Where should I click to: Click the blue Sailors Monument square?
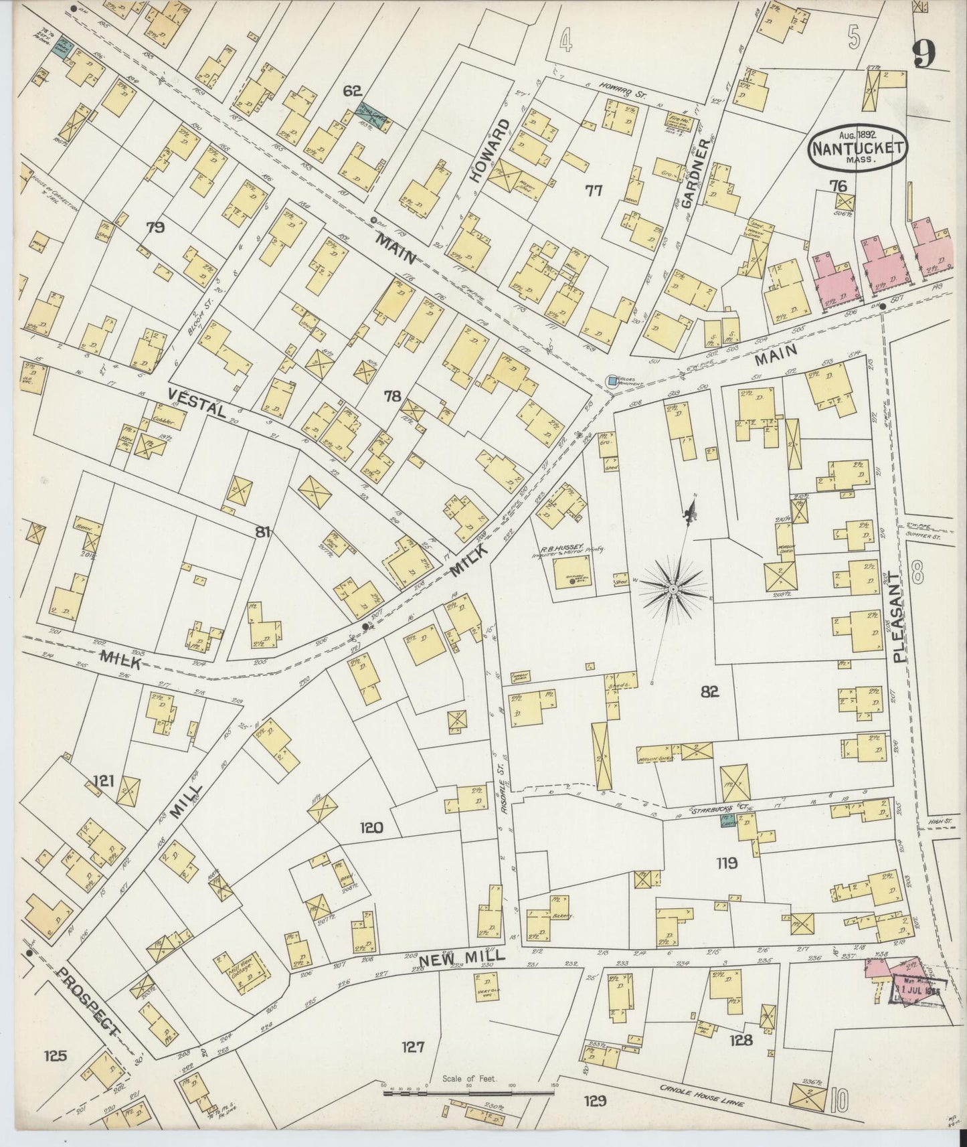click(x=612, y=381)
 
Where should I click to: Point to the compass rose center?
click(x=671, y=588)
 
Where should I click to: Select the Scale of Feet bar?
click(x=469, y=1093)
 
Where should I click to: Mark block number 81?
click(x=263, y=532)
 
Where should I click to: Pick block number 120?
click(x=372, y=828)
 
